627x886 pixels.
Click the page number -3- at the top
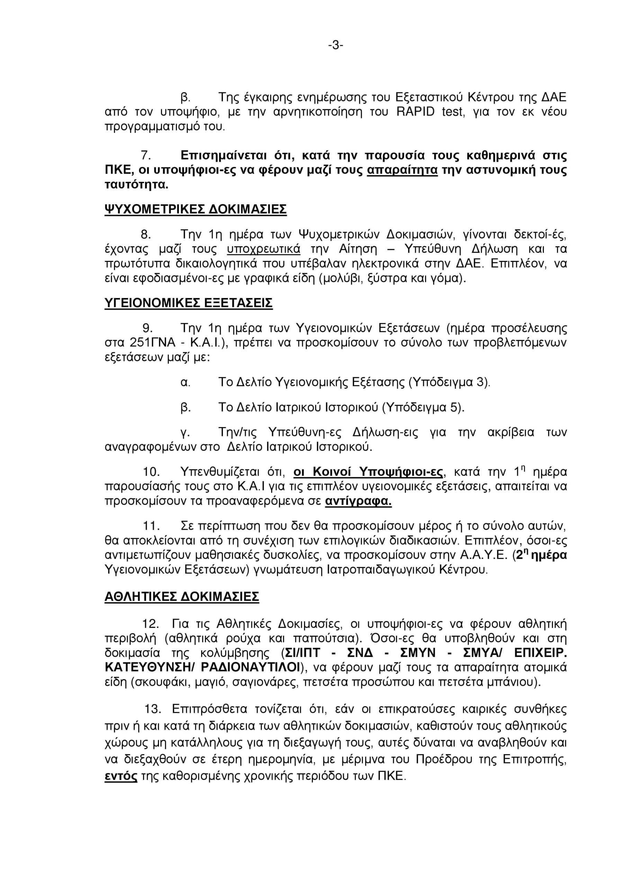click(335, 46)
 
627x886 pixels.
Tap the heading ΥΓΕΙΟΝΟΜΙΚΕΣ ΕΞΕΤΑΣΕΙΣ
click(188, 303)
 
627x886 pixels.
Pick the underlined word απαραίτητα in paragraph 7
click(402, 170)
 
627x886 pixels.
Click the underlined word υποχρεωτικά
click(263, 249)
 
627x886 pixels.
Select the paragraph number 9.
click(147, 328)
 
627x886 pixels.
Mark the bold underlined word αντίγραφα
click(358, 501)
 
